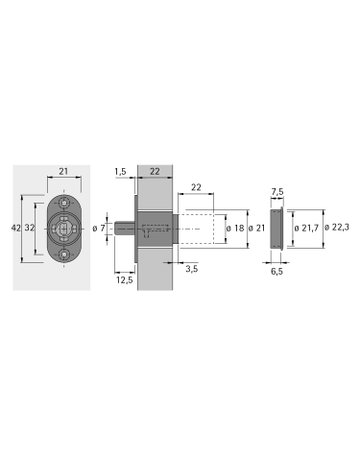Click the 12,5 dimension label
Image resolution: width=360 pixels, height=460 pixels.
coord(124,280)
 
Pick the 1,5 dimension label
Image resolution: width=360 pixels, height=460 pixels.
coord(120,173)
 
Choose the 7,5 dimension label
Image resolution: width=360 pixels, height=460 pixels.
coord(278,193)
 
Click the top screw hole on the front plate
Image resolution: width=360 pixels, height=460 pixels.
coord(63,200)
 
